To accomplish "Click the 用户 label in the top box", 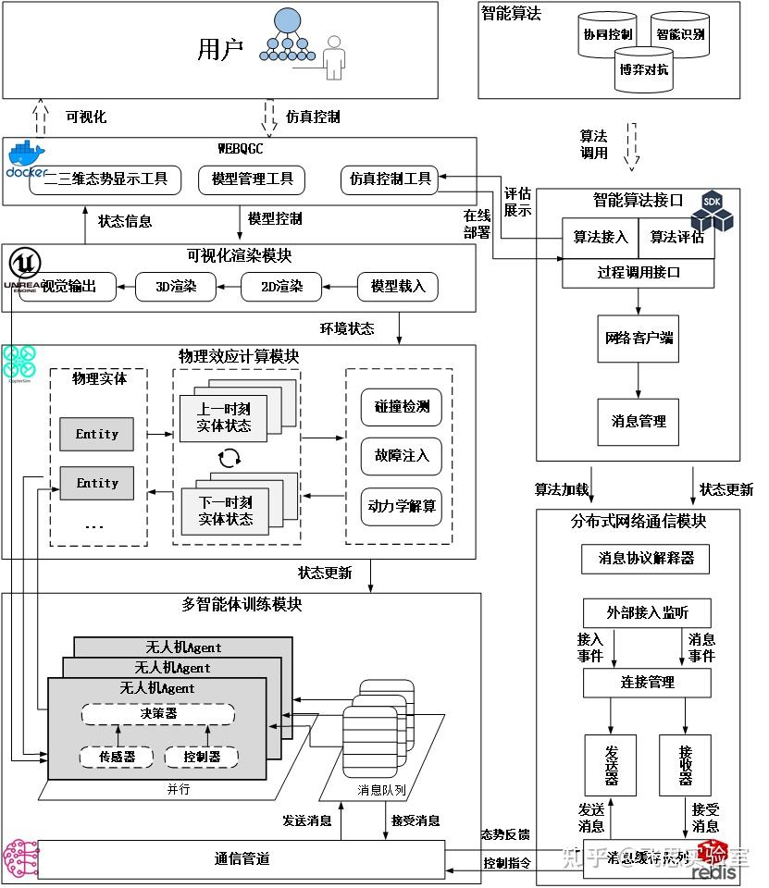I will [x=220, y=49].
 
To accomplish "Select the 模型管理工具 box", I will [x=252, y=179].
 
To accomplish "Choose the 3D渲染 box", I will [x=177, y=287].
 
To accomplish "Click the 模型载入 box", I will [x=397, y=287].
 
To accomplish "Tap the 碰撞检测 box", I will [x=401, y=407].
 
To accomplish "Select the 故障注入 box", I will [x=401, y=456].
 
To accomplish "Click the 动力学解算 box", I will [x=401, y=506].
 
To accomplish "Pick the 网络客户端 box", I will [x=639, y=339].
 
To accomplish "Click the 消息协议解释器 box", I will [x=646, y=558].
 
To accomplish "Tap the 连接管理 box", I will [x=647, y=683].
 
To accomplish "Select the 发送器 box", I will [x=610, y=765].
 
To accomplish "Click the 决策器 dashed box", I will [x=157, y=714].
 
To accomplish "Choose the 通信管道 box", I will [x=241, y=859].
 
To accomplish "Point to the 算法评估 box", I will [x=676, y=238].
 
